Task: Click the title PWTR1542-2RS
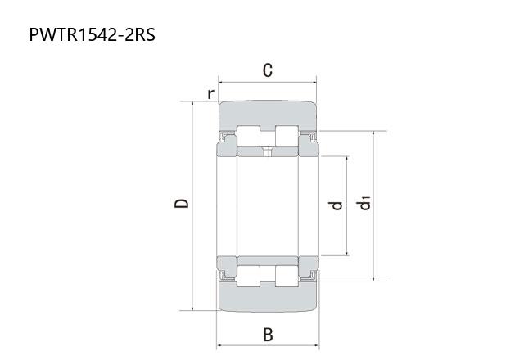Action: tap(93, 34)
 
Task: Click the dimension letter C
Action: tap(268, 70)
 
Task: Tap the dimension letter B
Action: tap(268, 335)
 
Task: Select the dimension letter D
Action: tap(182, 204)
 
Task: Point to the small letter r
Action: tap(210, 94)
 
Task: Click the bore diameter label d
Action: tap(337, 205)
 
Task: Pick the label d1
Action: tap(365, 204)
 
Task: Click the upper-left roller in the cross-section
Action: tap(248, 137)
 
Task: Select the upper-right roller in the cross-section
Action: tap(287, 137)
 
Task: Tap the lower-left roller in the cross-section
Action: tap(248, 277)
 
